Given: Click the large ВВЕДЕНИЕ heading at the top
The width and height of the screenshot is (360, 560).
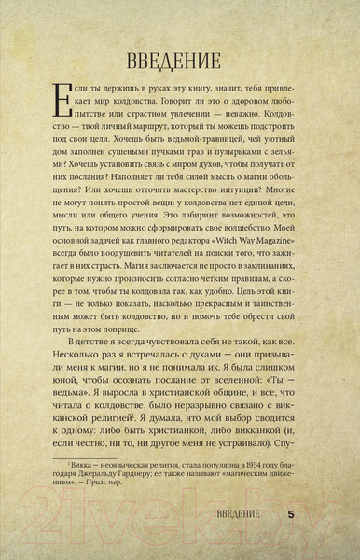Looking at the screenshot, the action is pyautogui.click(x=179, y=62).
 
